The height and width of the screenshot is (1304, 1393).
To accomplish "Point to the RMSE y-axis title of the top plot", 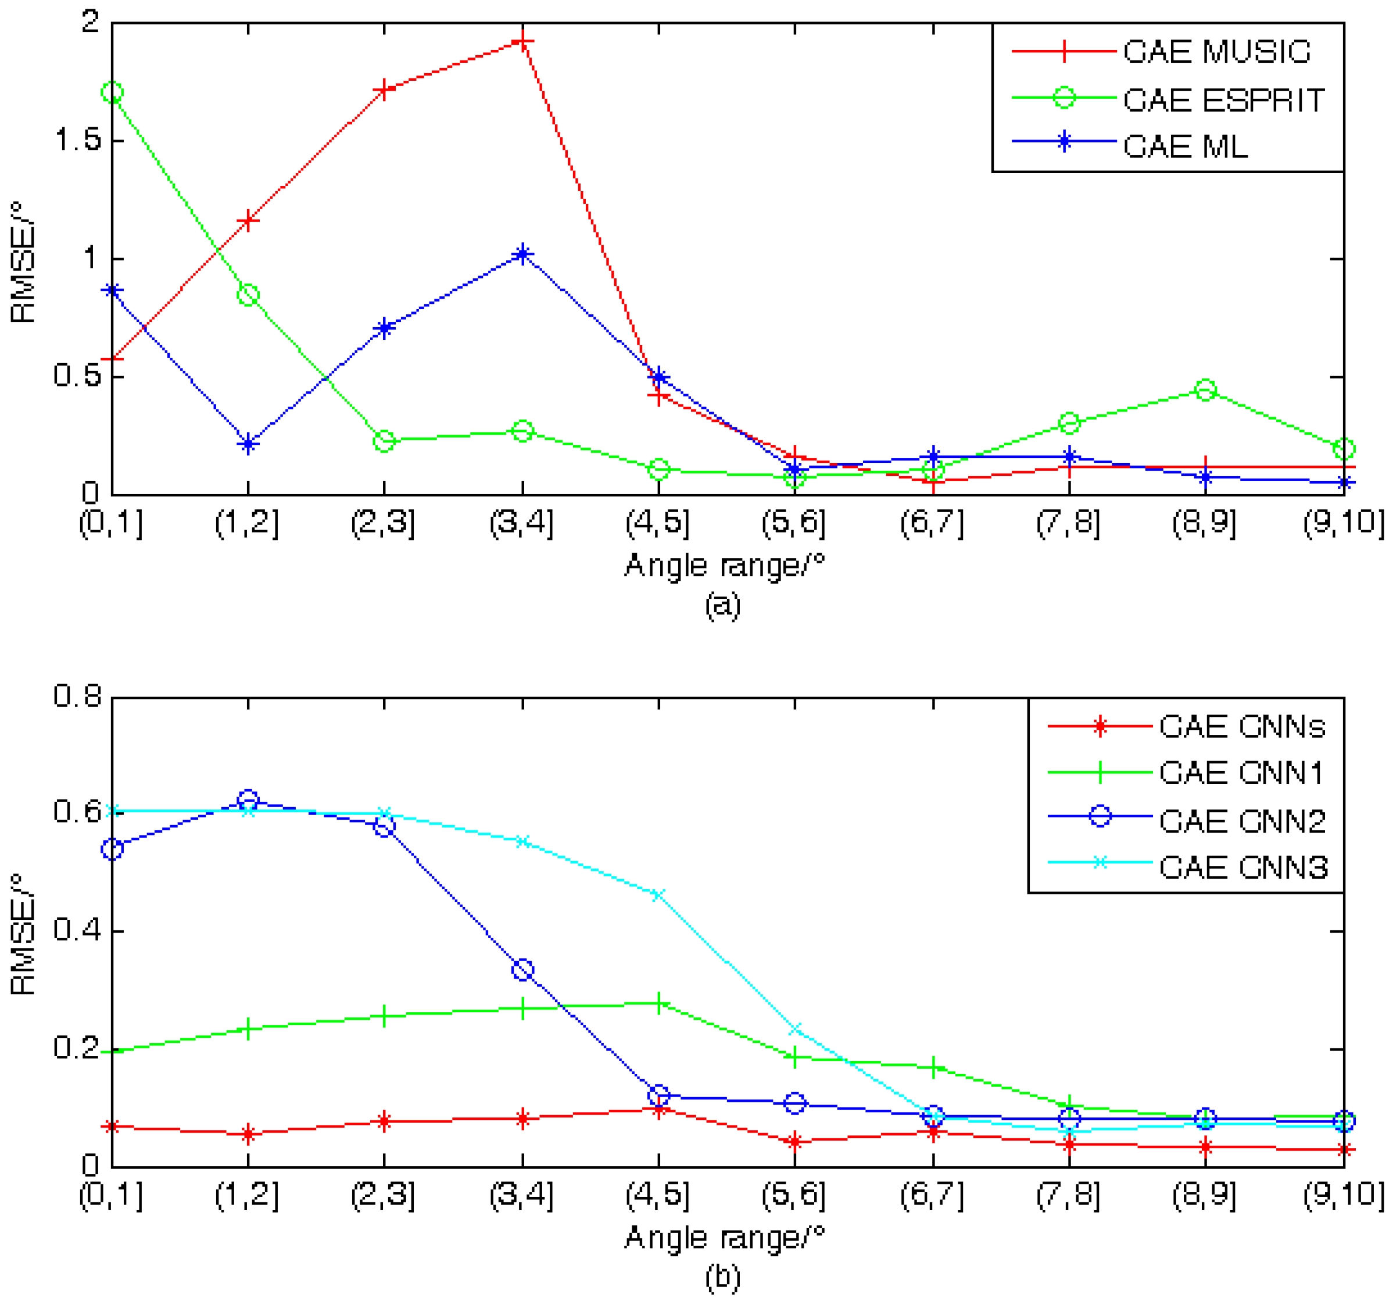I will (24, 262).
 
